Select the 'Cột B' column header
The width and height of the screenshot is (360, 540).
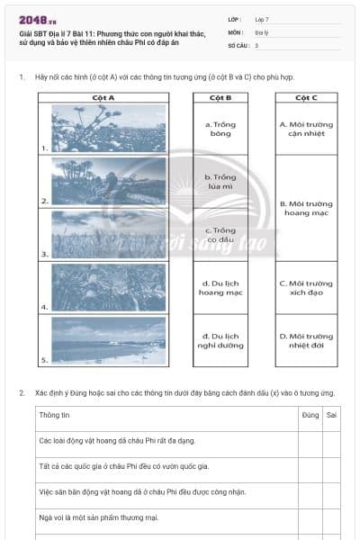pos(220,97)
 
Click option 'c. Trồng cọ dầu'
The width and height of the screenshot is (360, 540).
pos(220,235)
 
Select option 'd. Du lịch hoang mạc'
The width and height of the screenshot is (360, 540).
pos(220,288)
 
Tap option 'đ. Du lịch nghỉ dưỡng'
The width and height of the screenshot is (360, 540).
pos(220,341)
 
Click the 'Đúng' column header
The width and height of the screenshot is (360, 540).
pos(310,415)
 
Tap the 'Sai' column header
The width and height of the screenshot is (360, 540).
pos(331,415)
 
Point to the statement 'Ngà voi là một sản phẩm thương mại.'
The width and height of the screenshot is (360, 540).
pos(99,517)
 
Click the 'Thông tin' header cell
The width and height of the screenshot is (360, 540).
pos(55,415)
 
